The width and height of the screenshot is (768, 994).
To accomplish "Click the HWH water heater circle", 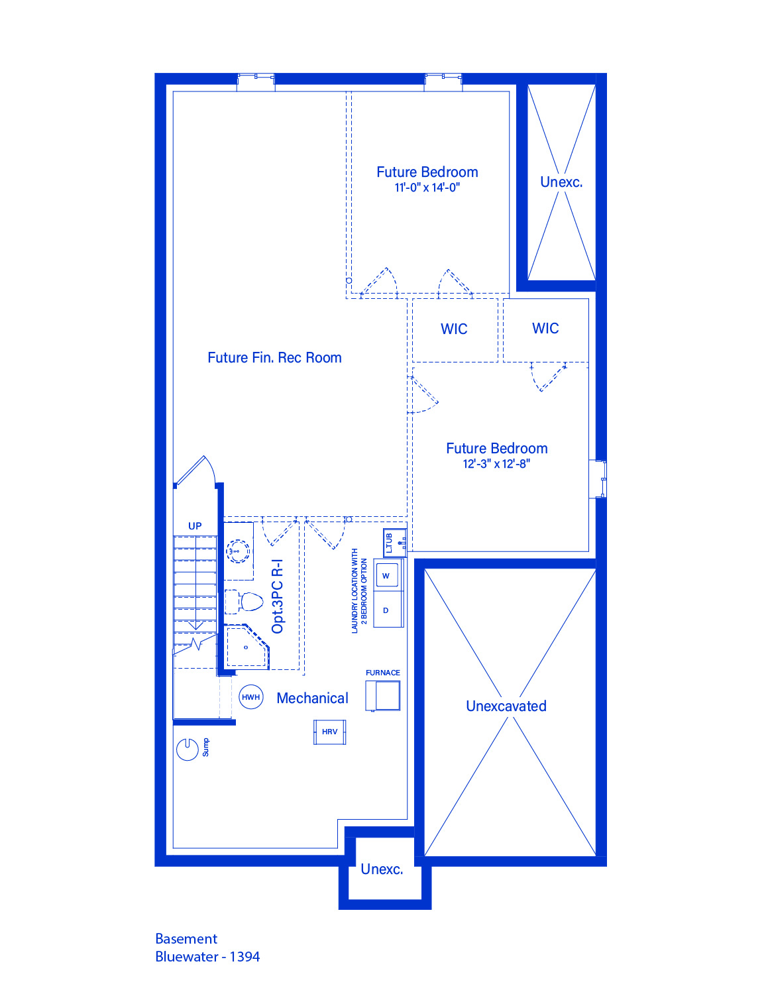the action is [250, 697].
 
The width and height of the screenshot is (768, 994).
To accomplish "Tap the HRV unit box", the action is [329, 732].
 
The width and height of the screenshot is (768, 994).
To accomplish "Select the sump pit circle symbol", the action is [187, 749].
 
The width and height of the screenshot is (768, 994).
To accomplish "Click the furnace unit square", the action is [383, 696].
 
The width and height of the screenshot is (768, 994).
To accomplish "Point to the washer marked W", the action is [386, 575].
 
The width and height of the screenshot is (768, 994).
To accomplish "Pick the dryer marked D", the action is [386, 610].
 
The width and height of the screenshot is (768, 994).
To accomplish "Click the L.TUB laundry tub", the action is [395, 543].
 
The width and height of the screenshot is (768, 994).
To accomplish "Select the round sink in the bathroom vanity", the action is [238, 551].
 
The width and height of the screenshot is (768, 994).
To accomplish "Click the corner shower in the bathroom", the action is [247, 647].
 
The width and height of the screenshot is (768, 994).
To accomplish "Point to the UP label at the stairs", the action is [195, 526].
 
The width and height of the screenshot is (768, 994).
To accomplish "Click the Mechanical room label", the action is [312, 698].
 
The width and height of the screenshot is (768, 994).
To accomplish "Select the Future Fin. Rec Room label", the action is [274, 357].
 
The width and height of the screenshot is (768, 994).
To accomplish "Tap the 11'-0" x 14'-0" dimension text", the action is [427, 188].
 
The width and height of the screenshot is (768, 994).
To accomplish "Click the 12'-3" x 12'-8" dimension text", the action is [496, 464].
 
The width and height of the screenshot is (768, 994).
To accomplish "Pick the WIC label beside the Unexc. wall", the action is [545, 328].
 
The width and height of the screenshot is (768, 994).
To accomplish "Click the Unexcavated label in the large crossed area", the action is [506, 706].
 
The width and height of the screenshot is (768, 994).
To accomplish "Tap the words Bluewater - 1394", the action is [207, 956].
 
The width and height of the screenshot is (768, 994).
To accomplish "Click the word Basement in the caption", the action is [186, 938].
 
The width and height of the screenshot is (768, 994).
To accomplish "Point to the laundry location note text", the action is [359, 591].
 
